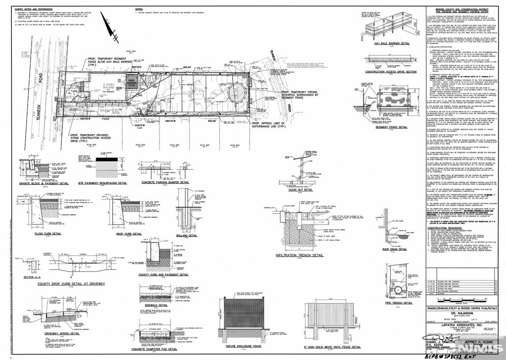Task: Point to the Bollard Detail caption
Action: coord(188,235)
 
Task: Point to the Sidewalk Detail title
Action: coord(156,306)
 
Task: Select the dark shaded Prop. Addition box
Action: coord(132,81)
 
